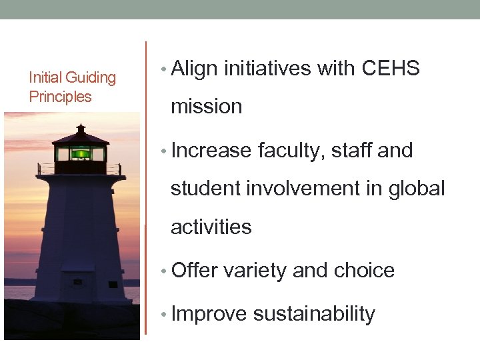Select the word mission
coord(206,107)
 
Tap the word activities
coord(211,227)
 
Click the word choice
coord(364,271)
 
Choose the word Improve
coord(209,315)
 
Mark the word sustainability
coord(314,315)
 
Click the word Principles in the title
coord(61,97)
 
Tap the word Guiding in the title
coord(91,78)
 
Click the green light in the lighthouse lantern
coord(81,154)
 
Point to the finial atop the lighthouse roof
coord(81,127)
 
